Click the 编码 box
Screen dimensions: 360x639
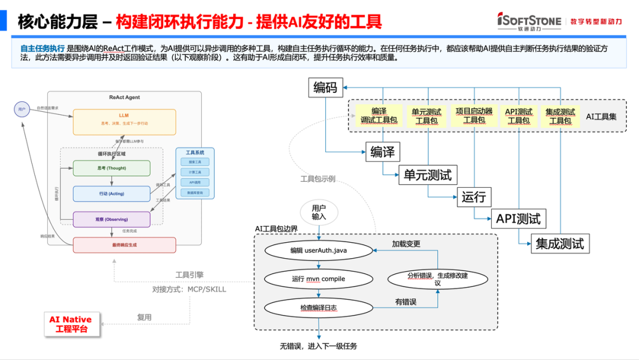(x=325, y=88)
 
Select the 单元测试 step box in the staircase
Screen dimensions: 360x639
(x=427, y=175)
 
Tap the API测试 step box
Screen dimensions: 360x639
(x=518, y=218)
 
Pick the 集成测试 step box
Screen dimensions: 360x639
(x=559, y=243)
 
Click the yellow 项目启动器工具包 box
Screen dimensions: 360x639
(x=474, y=115)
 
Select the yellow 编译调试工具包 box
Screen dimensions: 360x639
(x=379, y=115)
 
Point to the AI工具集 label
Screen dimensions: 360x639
(x=601, y=117)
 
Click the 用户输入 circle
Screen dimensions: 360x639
(x=319, y=213)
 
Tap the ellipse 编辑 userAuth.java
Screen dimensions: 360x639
(x=318, y=250)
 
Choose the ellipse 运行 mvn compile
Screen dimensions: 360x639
(x=318, y=279)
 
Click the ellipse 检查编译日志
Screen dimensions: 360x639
(x=318, y=307)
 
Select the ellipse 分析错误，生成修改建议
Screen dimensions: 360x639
(x=437, y=279)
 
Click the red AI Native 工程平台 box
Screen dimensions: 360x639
(x=70, y=324)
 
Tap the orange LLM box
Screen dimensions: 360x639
(x=124, y=122)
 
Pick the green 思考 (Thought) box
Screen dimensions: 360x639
(x=111, y=168)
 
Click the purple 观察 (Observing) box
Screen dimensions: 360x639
(x=111, y=219)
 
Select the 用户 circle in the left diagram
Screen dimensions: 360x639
(x=22, y=110)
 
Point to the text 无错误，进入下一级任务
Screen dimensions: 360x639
(x=318, y=346)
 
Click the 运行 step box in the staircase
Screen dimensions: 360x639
(x=473, y=197)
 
